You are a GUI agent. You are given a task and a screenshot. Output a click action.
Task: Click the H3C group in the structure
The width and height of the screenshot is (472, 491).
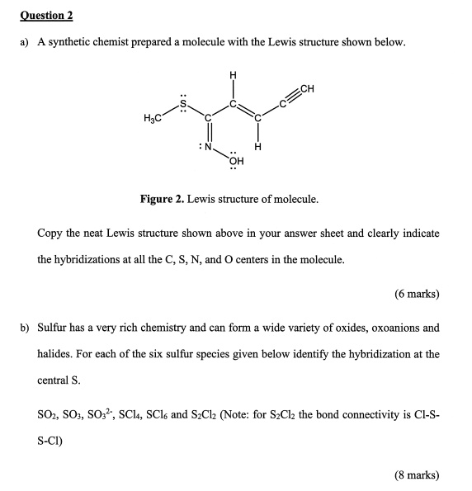(152, 121)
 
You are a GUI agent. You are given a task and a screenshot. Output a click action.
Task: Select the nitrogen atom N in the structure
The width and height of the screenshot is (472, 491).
(209, 146)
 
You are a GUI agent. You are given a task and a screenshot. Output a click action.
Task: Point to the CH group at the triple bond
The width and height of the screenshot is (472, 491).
(309, 88)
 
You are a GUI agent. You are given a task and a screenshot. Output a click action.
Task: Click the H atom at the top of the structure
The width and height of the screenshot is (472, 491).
(233, 77)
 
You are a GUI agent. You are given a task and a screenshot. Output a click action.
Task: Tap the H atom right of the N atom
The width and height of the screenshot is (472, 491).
(258, 148)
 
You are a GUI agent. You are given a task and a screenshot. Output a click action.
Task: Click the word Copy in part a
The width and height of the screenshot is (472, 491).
(51, 234)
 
